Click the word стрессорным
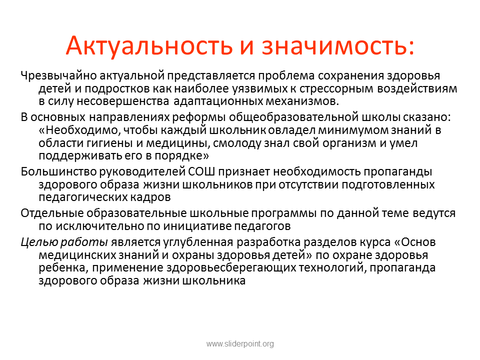(x=336, y=89)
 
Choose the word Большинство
(x=59, y=171)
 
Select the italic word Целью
(x=39, y=242)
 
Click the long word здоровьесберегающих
(x=231, y=268)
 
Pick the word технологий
(x=332, y=268)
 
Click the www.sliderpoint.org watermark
(x=240, y=344)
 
